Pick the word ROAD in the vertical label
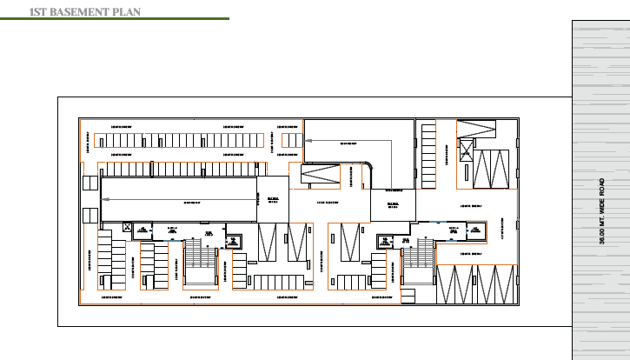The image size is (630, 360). (602, 186)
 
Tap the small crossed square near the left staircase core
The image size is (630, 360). (129, 229)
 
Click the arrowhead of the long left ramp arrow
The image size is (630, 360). (105, 199)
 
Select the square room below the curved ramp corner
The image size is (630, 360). (393, 205)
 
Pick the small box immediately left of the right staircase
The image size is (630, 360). (384, 240)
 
